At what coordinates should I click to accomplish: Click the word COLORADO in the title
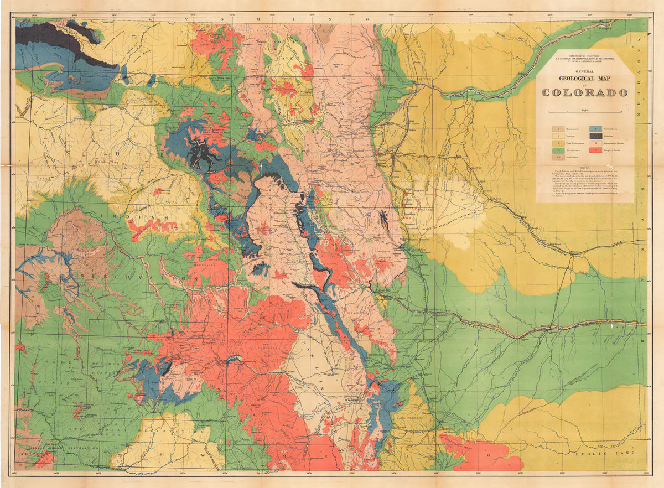(585, 92)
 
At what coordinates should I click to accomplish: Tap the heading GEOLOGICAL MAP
(585, 78)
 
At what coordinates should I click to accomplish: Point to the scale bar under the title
(585, 112)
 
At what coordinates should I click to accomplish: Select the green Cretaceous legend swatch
(554, 150)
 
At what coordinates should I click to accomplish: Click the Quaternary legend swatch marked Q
(554, 128)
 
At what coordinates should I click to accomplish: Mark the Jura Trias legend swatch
(554, 157)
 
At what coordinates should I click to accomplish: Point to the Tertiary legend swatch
(554, 136)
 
